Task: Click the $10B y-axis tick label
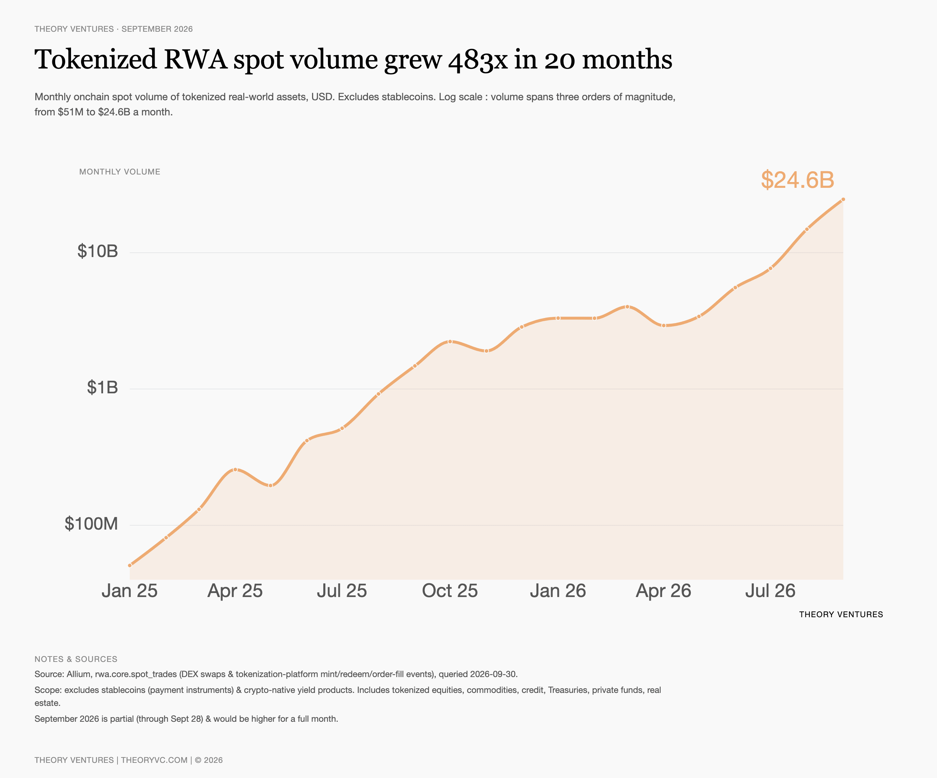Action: coord(98,251)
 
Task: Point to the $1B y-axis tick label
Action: coord(103,388)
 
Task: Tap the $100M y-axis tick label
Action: coord(92,523)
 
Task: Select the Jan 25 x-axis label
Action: coord(129,591)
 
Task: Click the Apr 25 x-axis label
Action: coord(235,591)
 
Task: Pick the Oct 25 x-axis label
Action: coord(450,591)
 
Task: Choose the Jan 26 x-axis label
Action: coord(558,591)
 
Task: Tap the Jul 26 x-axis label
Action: coord(771,591)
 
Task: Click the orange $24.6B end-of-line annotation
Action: coord(797,180)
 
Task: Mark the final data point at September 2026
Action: coord(843,199)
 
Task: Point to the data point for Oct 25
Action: coord(450,342)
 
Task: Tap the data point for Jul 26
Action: coord(771,269)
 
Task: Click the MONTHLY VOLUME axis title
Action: coord(120,172)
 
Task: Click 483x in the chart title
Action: coord(478,60)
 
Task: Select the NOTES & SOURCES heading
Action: coord(76,659)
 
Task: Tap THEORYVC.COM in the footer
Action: coord(154,760)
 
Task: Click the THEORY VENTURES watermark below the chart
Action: coord(841,615)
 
